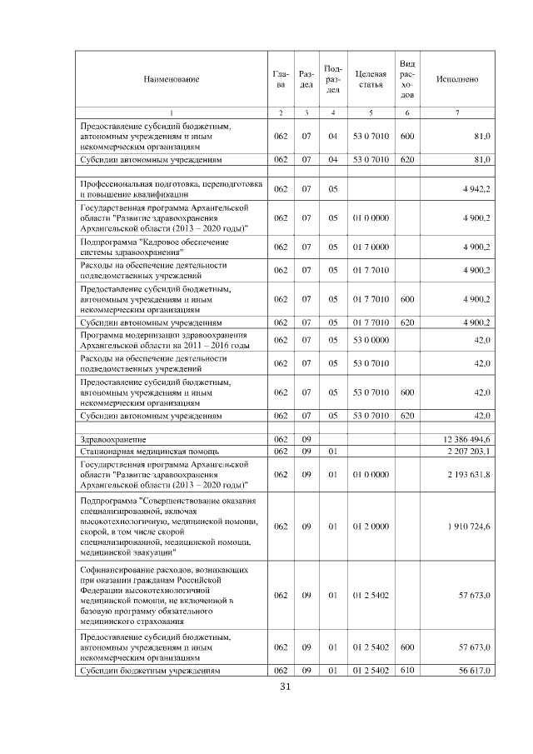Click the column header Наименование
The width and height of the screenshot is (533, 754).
click(172, 79)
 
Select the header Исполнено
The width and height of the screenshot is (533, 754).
click(457, 79)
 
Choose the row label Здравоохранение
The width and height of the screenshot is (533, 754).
click(112, 438)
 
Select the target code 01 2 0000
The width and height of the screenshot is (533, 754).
click(370, 527)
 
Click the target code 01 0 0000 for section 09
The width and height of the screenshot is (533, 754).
click(370, 474)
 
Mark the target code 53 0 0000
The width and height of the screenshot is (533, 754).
click(370, 340)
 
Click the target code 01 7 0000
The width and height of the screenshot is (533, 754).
click(370, 247)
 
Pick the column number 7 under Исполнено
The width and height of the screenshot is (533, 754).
click(457, 112)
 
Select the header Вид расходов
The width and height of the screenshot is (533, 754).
click(407, 79)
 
